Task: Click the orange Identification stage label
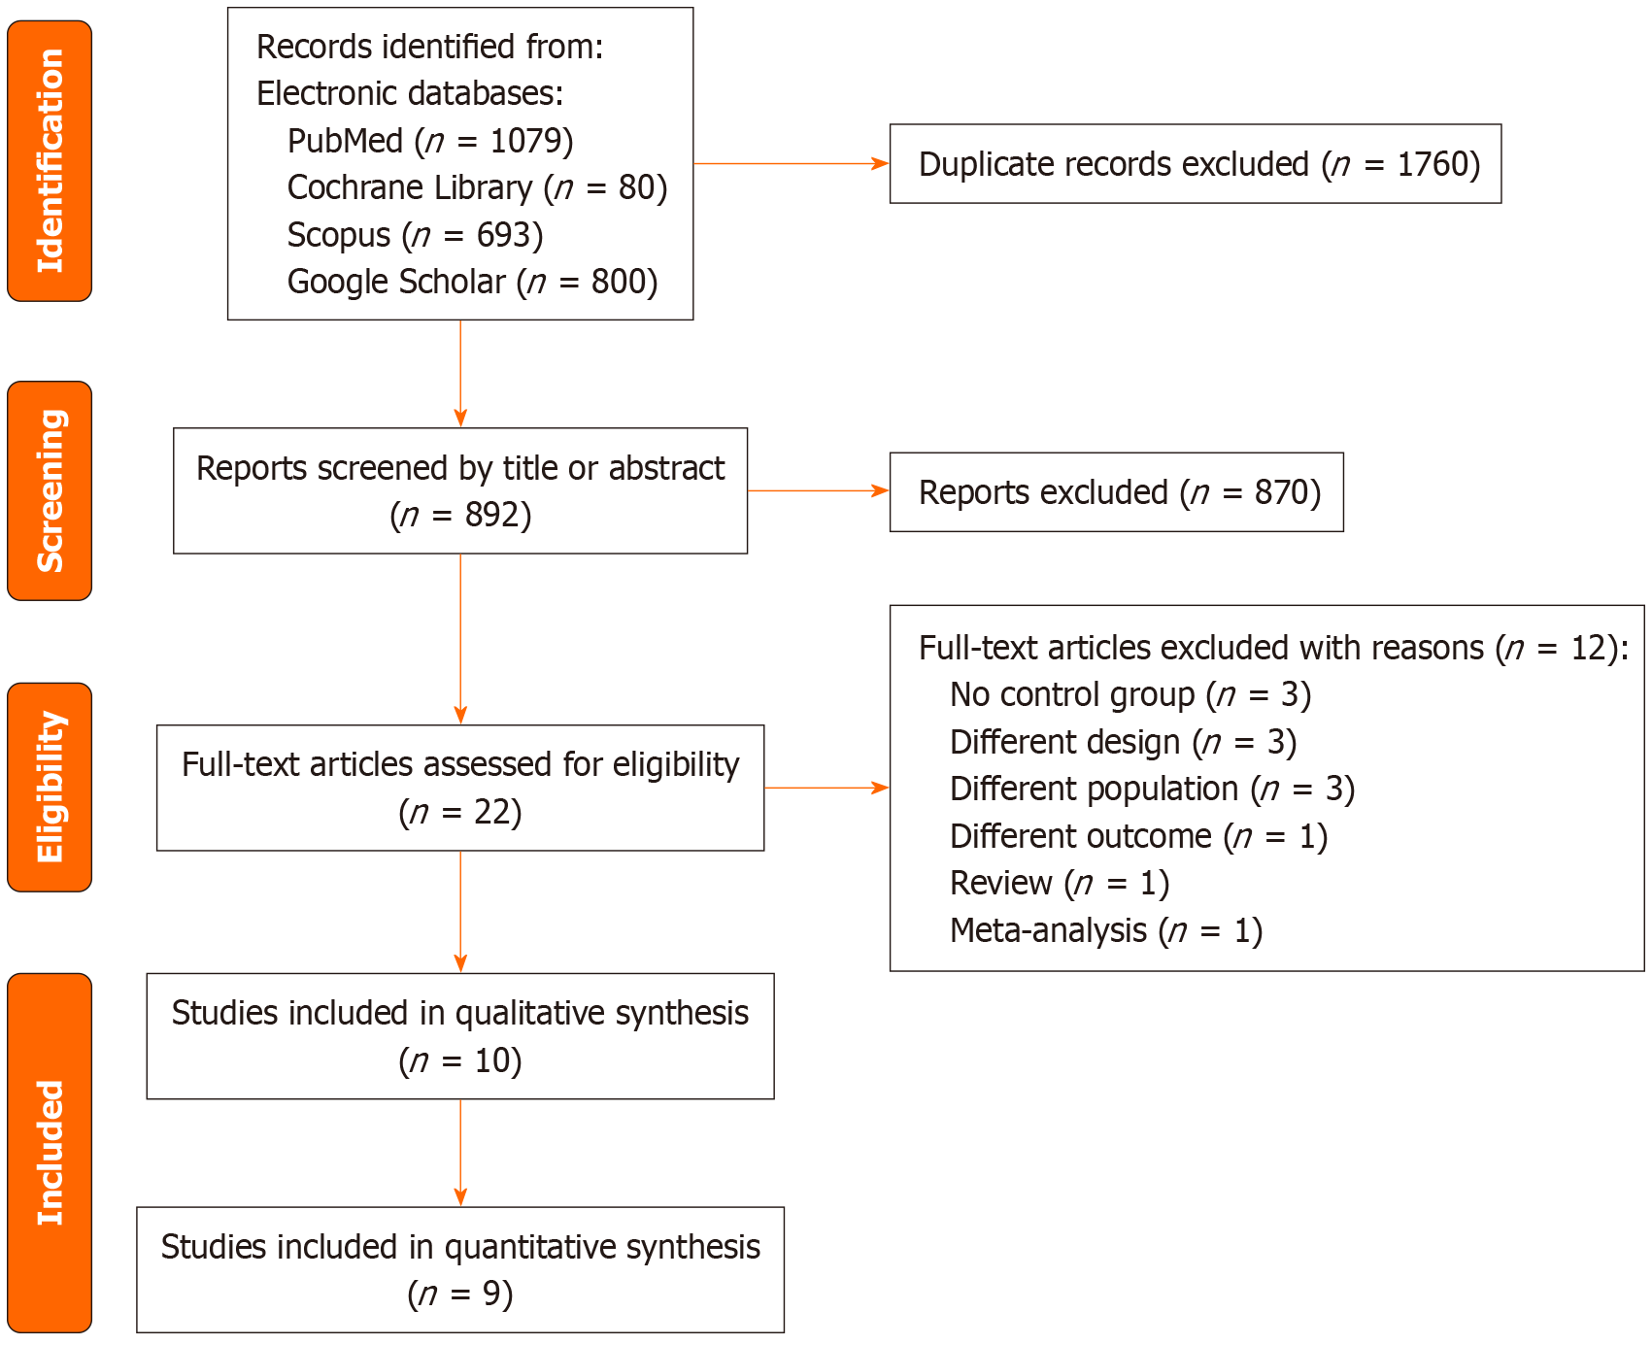click(x=50, y=161)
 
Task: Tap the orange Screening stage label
click(x=50, y=490)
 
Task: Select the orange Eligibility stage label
click(x=50, y=787)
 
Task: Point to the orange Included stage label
click(x=50, y=1152)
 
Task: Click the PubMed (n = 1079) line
click(x=430, y=141)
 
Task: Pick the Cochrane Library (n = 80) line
click(x=477, y=187)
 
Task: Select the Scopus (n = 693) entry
click(x=415, y=235)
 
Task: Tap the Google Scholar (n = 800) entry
click(x=472, y=282)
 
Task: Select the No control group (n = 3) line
click(x=1129, y=694)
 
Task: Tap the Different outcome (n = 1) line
click(x=1138, y=836)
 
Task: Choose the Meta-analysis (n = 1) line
click(x=1105, y=930)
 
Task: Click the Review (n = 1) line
click(x=1059, y=883)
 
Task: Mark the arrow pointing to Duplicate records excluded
click(x=791, y=164)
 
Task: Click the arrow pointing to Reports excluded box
click(x=818, y=491)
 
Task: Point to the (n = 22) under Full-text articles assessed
click(x=460, y=812)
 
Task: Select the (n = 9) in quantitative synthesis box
click(x=460, y=1294)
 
